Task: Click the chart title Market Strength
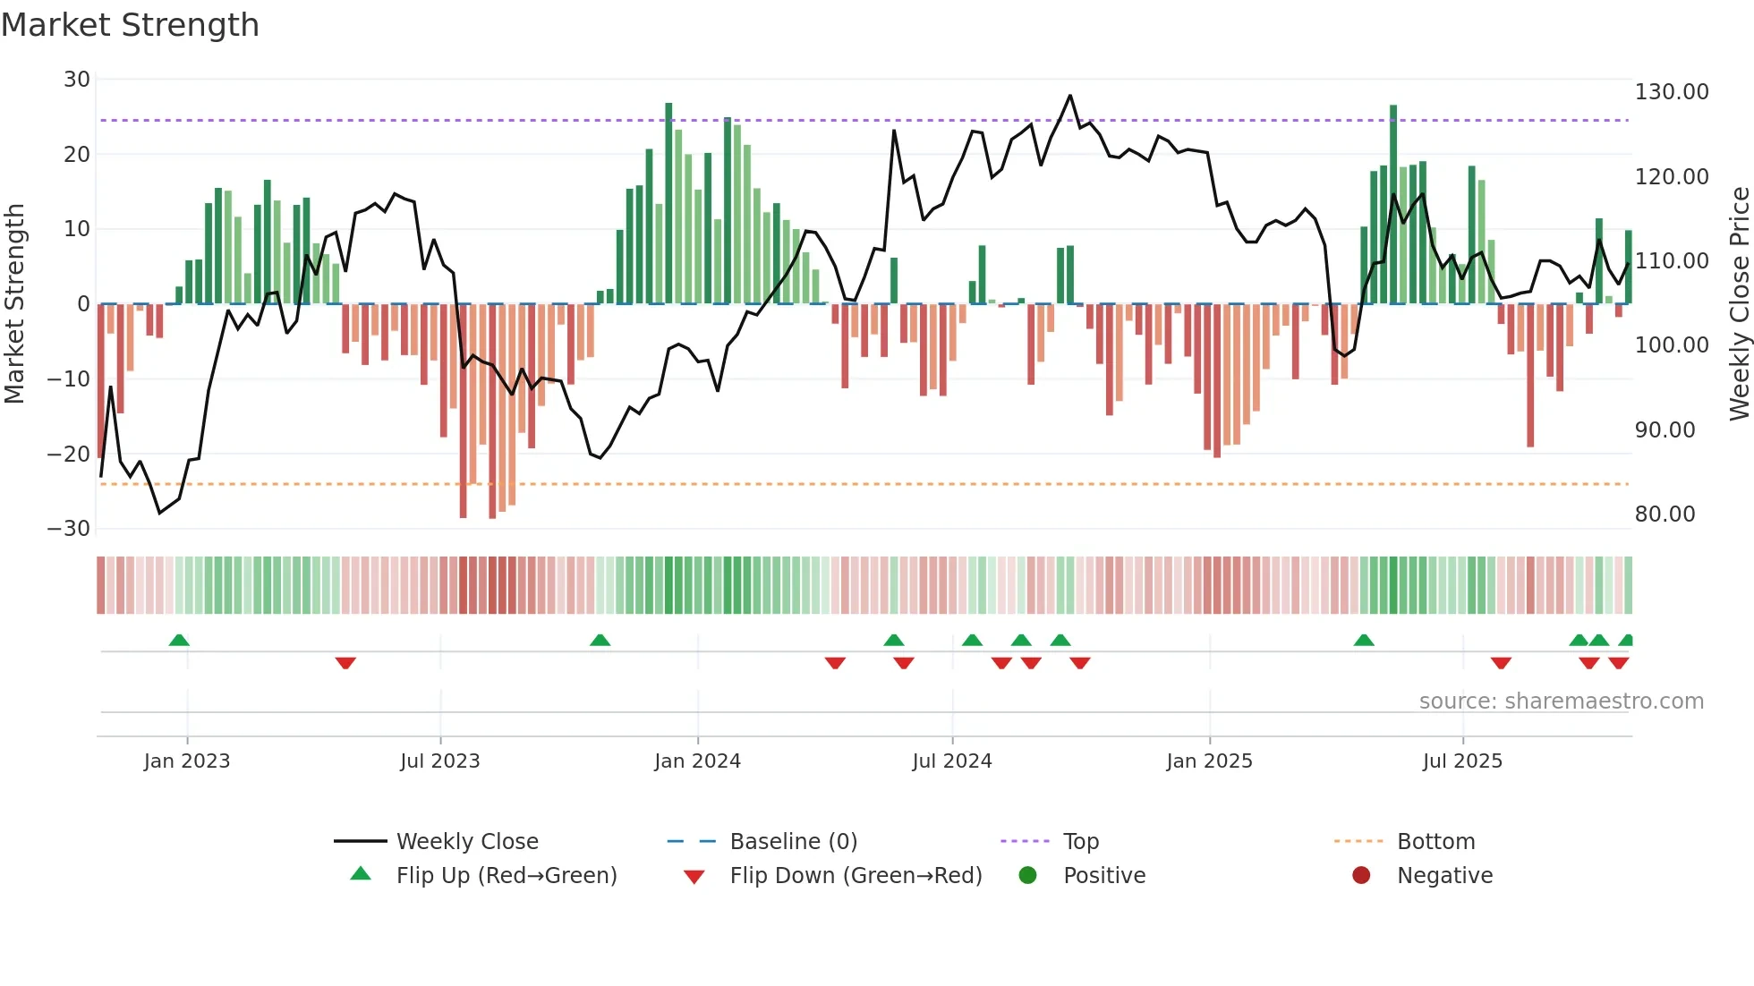(130, 25)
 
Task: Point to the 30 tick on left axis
(77, 80)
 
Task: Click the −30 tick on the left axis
(69, 529)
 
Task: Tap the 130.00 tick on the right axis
(1671, 92)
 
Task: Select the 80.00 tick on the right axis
(1665, 514)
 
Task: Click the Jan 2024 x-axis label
(697, 761)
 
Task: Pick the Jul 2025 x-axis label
(1462, 761)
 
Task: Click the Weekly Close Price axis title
(1739, 303)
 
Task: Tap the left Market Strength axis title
(15, 303)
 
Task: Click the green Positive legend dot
(1027, 876)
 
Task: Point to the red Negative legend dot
(1361, 876)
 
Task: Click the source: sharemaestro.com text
(1561, 701)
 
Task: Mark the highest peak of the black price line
(1069, 96)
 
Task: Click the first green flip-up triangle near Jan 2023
(179, 640)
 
